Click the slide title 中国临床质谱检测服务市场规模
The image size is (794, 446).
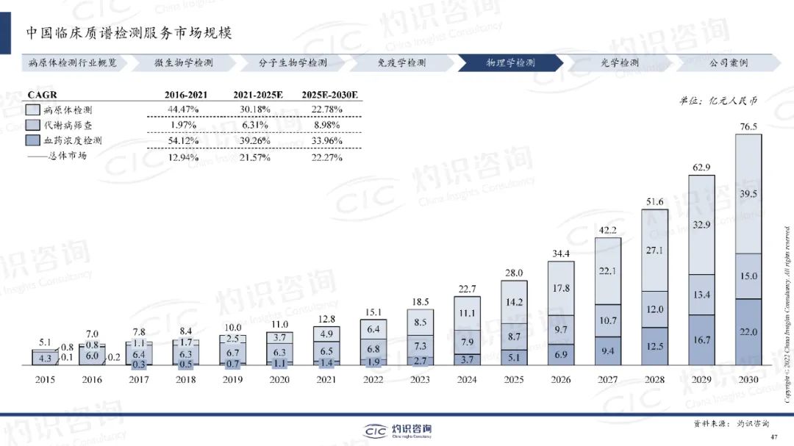point(129,33)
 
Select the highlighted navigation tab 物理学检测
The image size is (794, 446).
point(510,62)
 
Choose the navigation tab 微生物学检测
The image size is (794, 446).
point(183,62)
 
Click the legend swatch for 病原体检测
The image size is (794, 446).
point(33,109)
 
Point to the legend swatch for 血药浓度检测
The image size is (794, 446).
point(33,140)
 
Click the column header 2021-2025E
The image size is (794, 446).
point(258,95)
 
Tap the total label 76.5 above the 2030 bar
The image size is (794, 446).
point(748,127)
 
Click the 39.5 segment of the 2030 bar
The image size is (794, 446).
point(748,194)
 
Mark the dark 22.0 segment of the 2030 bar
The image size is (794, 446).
point(748,333)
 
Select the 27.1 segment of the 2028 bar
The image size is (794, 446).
point(654,250)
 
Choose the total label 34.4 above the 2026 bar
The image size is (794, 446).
point(561,253)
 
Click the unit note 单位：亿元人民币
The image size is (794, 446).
point(718,100)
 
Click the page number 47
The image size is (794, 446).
point(773,437)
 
